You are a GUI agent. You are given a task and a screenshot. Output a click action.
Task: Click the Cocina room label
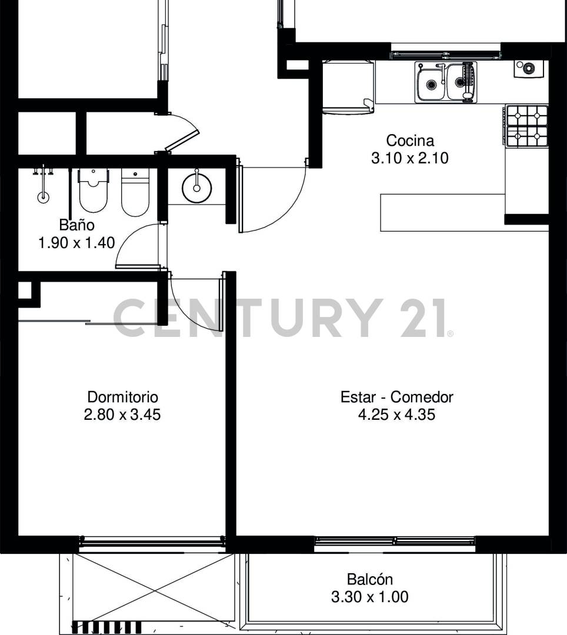pyautogui.click(x=410, y=141)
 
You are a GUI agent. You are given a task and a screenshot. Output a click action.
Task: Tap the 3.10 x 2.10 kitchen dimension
pyautogui.click(x=410, y=158)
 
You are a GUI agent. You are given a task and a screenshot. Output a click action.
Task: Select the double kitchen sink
pyautogui.click(x=445, y=82)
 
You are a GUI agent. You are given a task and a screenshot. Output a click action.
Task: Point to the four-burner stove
pyautogui.click(x=527, y=126)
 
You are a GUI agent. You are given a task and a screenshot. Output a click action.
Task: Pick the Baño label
pyautogui.click(x=76, y=225)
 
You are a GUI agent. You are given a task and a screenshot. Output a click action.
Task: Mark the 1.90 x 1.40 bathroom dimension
pyautogui.click(x=76, y=242)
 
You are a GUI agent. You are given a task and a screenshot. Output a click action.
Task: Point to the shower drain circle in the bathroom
pyautogui.click(x=43, y=198)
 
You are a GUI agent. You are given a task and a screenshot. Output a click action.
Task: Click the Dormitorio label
pyautogui.click(x=122, y=397)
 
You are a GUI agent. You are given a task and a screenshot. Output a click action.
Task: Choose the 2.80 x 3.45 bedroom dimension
pyautogui.click(x=122, y=415)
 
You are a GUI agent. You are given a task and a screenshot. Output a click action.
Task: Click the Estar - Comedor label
pyautogui.click(x=397, y=397)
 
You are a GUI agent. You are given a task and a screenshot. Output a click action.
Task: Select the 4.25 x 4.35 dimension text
pyautogui.click(x=397, y=415)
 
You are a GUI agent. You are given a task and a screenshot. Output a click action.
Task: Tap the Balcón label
pyautogui.click(x=369, y=579)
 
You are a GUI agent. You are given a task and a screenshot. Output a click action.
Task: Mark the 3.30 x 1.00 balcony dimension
pyautogui.click(x=369, y=597)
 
